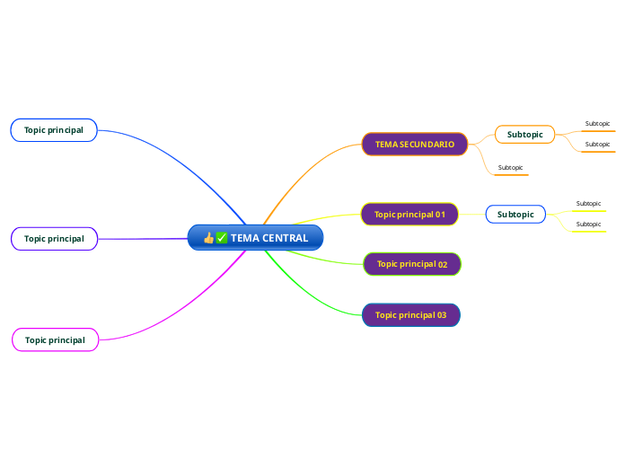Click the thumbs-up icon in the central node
208,238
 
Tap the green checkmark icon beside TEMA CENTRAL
221,238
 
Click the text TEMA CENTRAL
268,238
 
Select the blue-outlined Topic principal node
54,130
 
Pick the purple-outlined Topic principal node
54,239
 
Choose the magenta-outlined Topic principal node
55,340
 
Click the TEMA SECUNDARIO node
415,145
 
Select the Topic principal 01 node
409,215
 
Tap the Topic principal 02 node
412,264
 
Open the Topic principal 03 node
410,315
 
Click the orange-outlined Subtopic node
524,135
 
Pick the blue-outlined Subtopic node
515,215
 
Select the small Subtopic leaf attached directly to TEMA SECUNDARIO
510,168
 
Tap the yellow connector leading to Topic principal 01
323,217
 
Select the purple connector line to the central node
144,239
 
